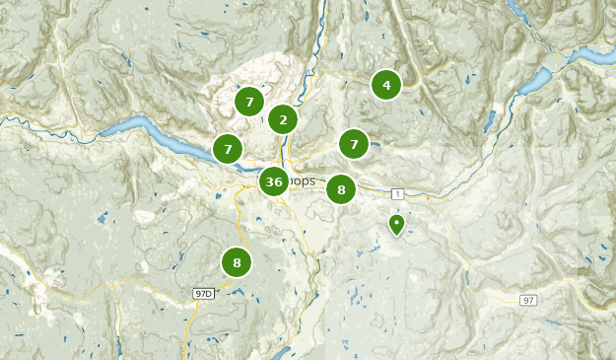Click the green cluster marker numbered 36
pos(274,181)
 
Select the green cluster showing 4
pos(386,85)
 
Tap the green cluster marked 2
pos(283,119)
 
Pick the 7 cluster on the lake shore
pos(228,149)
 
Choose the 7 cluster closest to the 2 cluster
pos(249,101)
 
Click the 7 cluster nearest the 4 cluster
pos(354,144)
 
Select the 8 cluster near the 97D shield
pos(237,262)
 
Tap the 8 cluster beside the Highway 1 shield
pos(341,189)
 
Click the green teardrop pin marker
pos(396,225)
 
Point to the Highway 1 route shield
pos(396,193)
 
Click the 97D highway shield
pos(204,294)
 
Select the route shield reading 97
pos(528,300)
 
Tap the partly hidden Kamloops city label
pos(303,181)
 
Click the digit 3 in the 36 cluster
pos(269,181)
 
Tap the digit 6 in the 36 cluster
pos(279,181)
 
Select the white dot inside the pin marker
pos(396,222)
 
